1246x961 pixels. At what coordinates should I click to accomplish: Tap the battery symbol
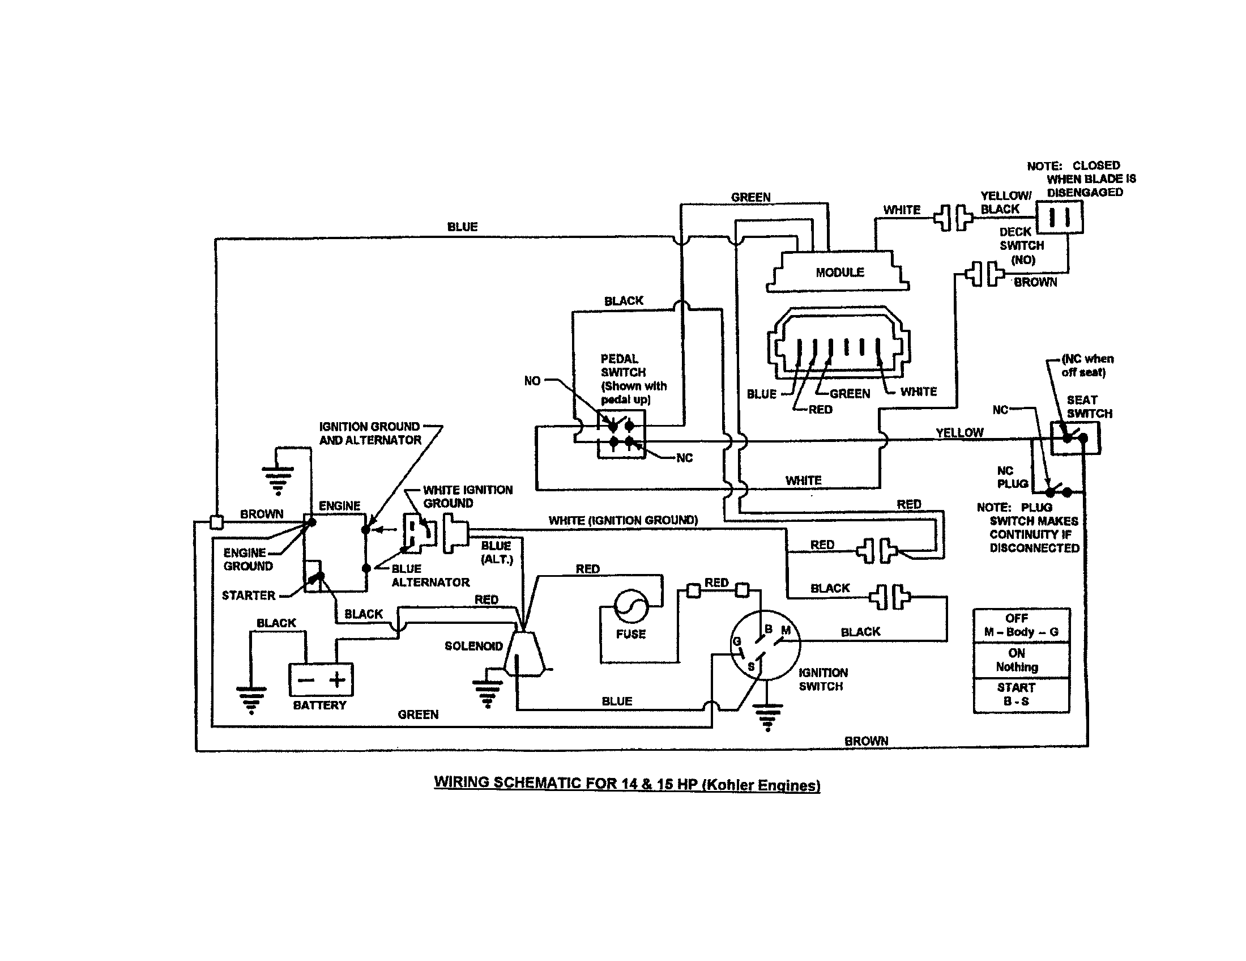pyautogui.click(x=321, y=679)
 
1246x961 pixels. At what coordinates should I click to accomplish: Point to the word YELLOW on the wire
pyautogui.click(x=959, y=432)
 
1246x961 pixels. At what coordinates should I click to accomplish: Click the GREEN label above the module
pyautogui.click(x=751, y=197)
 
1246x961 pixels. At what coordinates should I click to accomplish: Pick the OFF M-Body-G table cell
pyautogui.click(x=1021, y=626)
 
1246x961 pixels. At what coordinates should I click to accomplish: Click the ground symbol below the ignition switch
pyautogui.click(x=767, y=717)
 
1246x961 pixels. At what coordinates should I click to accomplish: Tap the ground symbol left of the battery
pyautogui.click(x=251, y=700)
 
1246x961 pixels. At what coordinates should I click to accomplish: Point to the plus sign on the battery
pyautogui.click(x=337, y=679)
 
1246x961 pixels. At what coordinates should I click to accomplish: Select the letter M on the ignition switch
pyautogui.click(x=786, y=631)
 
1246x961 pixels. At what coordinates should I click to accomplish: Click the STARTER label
pyautogui.click(x=248, y=595)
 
